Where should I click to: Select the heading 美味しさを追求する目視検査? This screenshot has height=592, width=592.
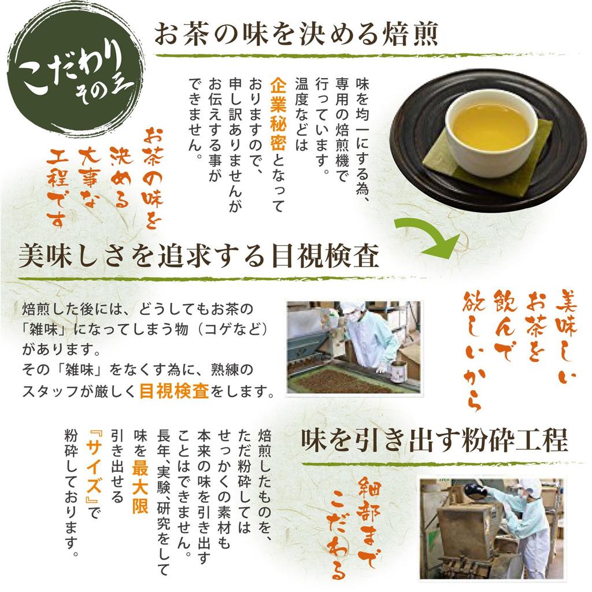click(x=198, y=256)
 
